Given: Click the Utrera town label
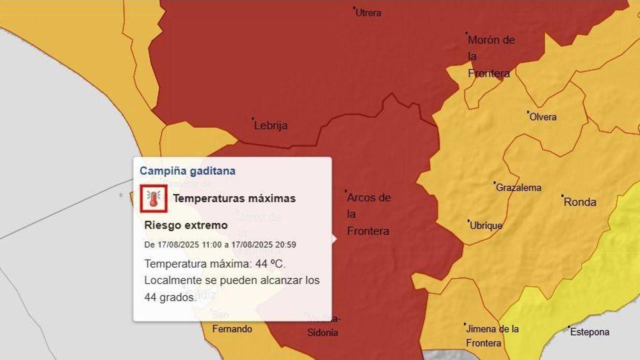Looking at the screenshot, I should (368, 13).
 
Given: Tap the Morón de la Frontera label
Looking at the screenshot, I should (491, 56).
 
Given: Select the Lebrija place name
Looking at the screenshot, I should (271, 126).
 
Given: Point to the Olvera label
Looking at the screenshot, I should (543, 117).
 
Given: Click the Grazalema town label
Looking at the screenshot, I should (518, 187).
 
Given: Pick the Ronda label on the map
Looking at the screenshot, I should (580, 202).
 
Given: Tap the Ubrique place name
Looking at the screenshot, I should (486, 226).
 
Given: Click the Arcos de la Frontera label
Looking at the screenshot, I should (368, 214).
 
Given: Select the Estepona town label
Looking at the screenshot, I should (590, 332).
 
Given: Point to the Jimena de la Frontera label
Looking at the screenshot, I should (492, 336).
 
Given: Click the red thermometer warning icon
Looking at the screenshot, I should (154, 198).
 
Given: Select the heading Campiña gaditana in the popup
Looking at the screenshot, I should (187, 171).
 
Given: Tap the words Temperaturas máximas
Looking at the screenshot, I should (234, 198).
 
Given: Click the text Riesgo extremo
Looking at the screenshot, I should (186, 225).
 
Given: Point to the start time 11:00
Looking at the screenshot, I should (212, 245).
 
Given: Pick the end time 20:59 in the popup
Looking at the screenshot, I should (286, 245).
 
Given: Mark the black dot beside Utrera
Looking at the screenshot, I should (354, 8).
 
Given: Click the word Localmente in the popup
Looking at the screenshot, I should (173, 280).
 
